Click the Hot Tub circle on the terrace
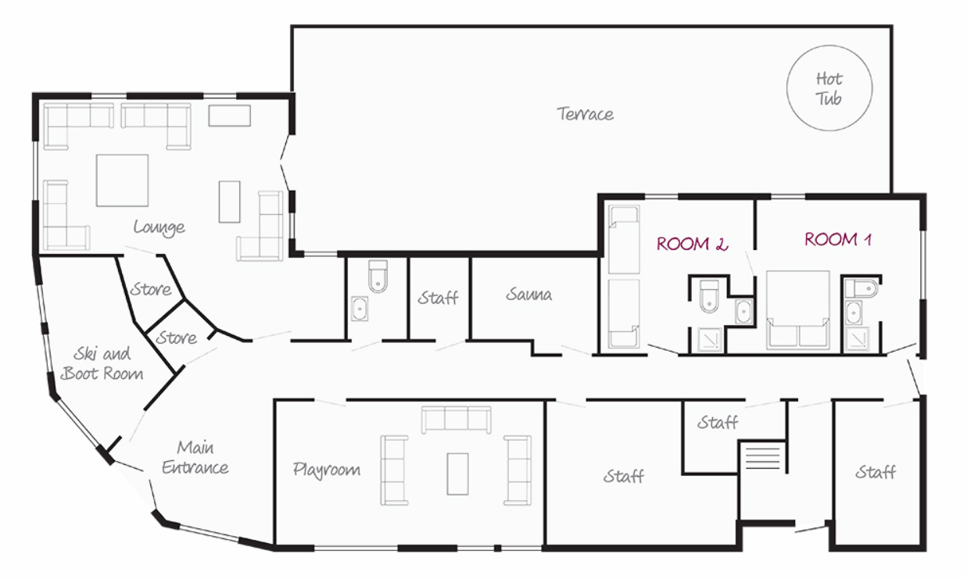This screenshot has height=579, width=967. click(786, 88)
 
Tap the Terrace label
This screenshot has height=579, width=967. click(585, 114)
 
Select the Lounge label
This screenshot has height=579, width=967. click(159, 227)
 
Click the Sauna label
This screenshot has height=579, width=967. click(528, 295)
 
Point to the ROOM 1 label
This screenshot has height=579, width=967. click(837, 239)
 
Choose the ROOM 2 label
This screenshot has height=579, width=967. click(692, 245)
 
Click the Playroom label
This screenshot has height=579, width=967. click(326, 470)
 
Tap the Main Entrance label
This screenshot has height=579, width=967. click(195, 457)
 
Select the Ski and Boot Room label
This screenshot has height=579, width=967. click(102, 363)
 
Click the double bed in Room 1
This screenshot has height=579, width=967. click(798, 309)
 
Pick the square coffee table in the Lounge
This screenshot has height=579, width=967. click(122, 180)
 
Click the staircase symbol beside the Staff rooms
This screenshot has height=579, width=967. click(762, 457)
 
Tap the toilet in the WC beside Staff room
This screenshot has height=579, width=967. click(378, 276)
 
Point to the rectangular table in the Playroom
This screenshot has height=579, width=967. click(457, 474)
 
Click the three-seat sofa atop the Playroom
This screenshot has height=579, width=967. click(456, 420)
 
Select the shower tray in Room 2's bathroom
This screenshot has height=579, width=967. click(710, 340)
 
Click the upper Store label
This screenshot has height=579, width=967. click(151, 289)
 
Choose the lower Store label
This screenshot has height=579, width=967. click(176, 338)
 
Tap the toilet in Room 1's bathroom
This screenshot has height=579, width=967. click(861, 288)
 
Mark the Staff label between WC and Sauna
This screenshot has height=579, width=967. click(438, 298)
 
